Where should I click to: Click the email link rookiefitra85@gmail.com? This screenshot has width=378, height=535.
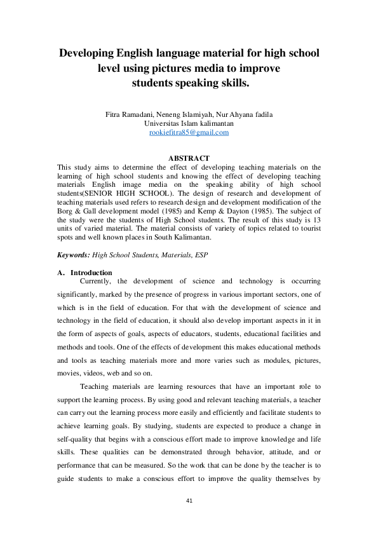point(189,132)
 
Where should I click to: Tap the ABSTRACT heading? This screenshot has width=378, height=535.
point(189,158)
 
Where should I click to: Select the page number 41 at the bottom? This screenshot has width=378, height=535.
point(189,518)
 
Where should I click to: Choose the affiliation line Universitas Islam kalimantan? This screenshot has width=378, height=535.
point(189,123)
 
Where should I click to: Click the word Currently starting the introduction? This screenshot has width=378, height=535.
point(96,280)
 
